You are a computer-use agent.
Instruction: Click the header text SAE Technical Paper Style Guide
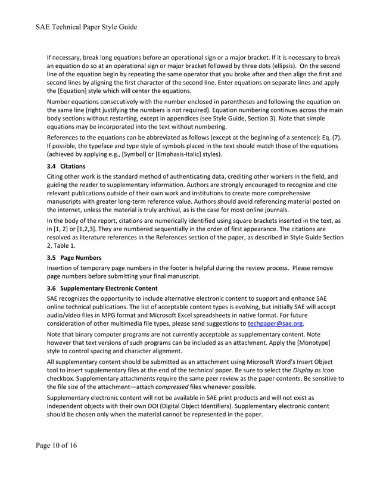[86, 27]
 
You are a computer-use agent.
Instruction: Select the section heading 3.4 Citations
[66, 166]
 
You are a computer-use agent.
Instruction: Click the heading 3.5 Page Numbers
[74, 258]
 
